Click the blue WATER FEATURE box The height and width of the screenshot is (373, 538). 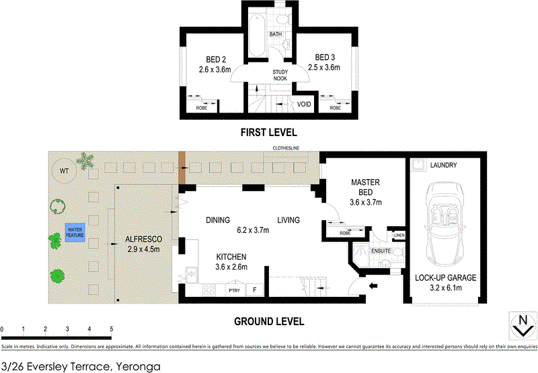pos(75,232)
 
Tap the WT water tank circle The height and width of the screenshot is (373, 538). pos(65,170)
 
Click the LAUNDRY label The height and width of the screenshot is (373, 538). pos(443,165)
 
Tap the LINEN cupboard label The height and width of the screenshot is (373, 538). pos(399,235)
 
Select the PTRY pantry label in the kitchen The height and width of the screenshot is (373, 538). pos(235,290)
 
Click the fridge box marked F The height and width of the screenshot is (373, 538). pos(255,290)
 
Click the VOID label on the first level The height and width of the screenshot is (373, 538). pos(304,104)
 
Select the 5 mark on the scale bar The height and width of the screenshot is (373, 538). pos(110,330)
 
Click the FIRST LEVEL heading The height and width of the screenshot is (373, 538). pos(268,132)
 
